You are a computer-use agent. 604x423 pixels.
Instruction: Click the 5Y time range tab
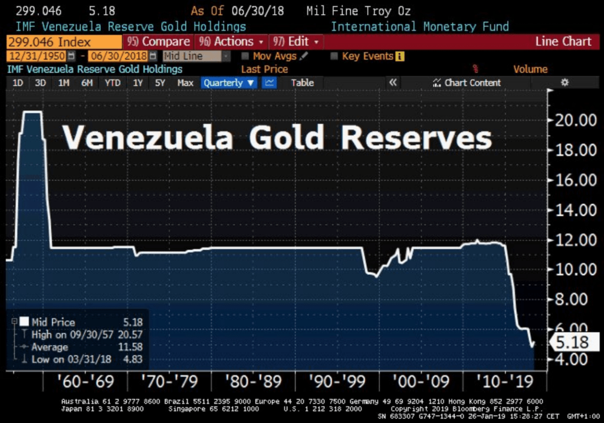tap(160, 83)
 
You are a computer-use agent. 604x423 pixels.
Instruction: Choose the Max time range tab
tap(185, 83)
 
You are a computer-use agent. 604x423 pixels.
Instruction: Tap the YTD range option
tap(112, 83)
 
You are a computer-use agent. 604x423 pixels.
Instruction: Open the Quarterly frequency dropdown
tap(229, 83)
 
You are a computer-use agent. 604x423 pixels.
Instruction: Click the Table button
tap(302, 83)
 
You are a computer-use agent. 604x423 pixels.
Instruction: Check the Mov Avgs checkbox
tap(245, 57)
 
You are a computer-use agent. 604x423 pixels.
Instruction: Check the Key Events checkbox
tap(334, 57)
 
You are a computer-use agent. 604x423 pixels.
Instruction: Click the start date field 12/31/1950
tap(37, 57)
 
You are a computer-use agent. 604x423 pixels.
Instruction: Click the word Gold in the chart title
tap(286, 138)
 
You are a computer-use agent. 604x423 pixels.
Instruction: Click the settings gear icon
tap(564, 83)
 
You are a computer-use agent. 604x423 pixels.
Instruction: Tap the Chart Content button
tap(467, 83)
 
